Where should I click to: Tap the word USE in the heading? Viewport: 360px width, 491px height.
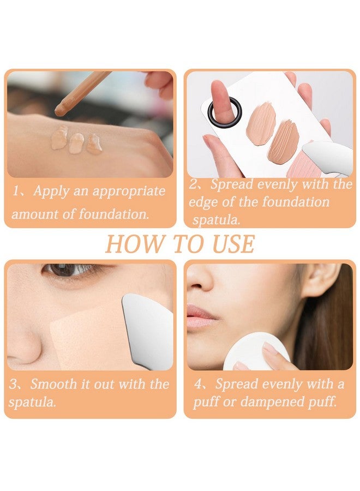click(233, 244)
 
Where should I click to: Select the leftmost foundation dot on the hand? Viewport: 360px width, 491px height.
click(59, 138)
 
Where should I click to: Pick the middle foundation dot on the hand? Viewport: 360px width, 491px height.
click(76, 143)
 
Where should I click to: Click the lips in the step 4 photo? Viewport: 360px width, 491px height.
click(200, 316)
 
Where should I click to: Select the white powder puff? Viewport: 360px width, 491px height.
click(255, 352)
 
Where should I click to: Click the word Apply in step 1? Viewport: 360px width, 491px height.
click(51, 191)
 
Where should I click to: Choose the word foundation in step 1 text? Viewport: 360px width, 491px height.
click(113, 214)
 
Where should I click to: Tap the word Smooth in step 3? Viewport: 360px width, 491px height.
click(53, 384)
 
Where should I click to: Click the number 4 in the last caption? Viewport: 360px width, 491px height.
click(199, 384)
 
